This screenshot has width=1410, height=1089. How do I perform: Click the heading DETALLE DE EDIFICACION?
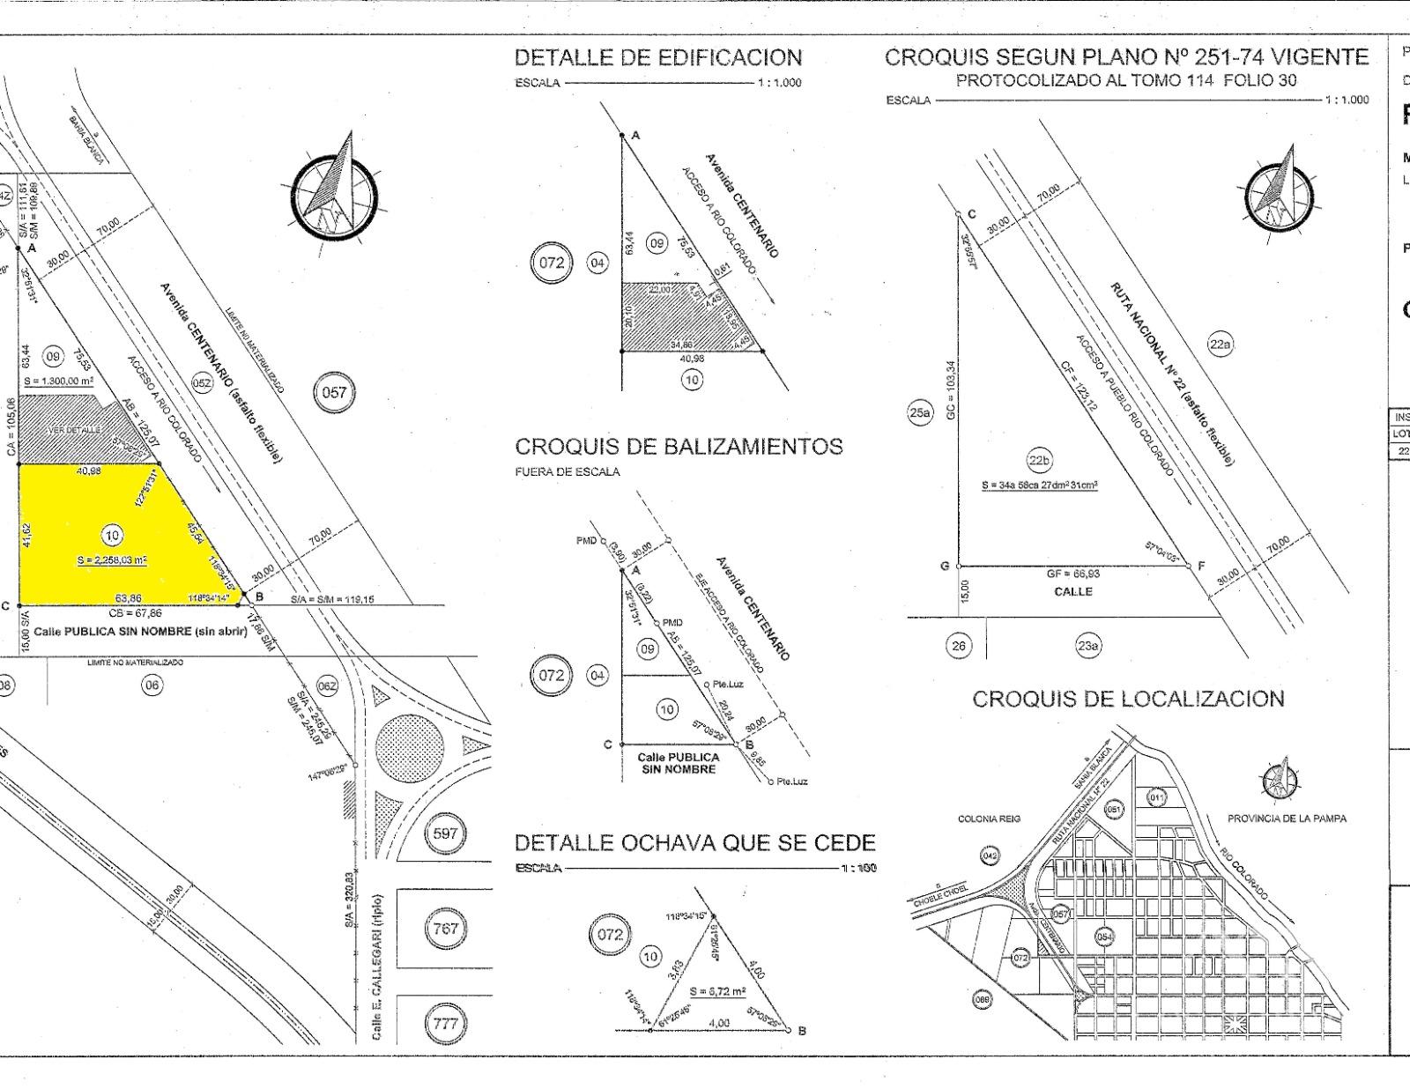click(658, 58)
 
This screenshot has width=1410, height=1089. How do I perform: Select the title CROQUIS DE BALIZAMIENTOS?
click(679, 447)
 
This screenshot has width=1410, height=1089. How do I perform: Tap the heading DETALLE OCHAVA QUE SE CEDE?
click(694, 843)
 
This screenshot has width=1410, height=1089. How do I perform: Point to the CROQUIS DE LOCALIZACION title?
click(1128, 700)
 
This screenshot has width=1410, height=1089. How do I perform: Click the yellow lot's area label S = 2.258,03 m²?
click(112, 559)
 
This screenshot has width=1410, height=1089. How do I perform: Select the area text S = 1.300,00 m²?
click(60, 381)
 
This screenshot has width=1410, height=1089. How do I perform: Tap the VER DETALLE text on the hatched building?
click(74, 429)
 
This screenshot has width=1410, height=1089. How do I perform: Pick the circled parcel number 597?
click(446, 833)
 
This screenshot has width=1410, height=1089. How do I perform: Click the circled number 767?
click(446, 928)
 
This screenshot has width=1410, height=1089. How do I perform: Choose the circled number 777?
click(446, 1024)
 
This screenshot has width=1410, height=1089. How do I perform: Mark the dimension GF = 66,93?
click(1072, 574)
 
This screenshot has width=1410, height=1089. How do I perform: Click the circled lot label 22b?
click(1039, 460)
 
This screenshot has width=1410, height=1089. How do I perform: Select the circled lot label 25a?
click(920, 412)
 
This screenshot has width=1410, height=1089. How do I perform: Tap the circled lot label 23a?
click(1087, 646)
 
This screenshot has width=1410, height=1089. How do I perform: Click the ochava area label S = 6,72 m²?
click(717, 991)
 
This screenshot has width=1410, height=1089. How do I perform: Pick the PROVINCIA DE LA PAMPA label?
click(1287, 819)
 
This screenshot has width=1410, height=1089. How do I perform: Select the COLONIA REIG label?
click(989, 819)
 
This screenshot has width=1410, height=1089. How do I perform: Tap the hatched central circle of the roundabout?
click(408, 744)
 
